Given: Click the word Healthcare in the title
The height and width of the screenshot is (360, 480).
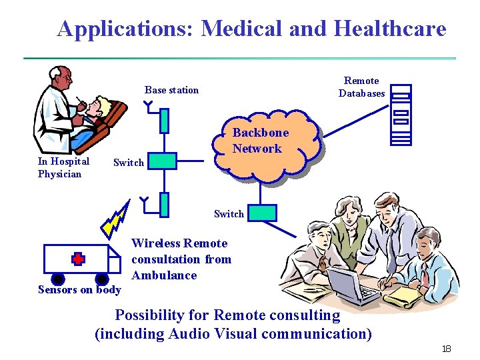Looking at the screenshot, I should click(389, 29).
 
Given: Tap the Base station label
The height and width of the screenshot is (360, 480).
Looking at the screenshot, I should click(171, 90).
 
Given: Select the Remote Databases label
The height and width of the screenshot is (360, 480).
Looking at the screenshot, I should click(361, 87).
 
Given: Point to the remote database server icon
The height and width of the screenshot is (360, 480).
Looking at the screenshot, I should click(401, 114).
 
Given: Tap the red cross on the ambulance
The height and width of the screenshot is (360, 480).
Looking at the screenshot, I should click(79, 259).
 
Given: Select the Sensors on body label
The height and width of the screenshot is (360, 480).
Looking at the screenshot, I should click(79, 289).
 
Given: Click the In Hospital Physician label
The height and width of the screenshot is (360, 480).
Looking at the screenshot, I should click(63, 167).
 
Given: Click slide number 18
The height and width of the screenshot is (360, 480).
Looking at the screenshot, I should click(446, 349).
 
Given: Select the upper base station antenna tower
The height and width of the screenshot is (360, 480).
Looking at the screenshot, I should click(164, 121).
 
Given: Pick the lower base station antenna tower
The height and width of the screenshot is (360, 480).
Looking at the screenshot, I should click(164, 203).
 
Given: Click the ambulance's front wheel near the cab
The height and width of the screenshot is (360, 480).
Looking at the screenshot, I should click(102, 279).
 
